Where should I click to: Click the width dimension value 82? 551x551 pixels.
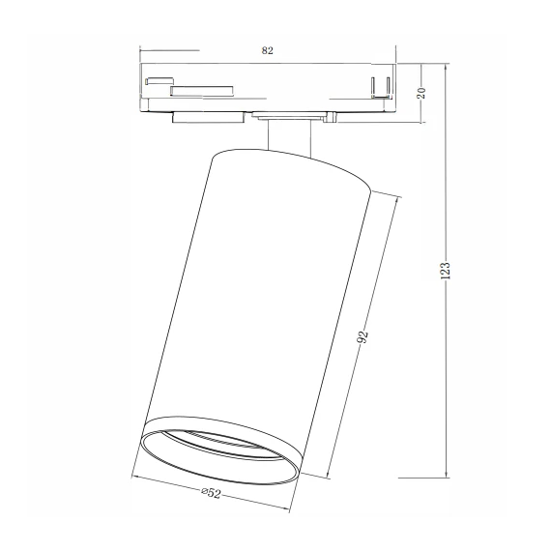(x=267, y=49)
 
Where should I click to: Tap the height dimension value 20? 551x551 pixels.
(x=420, y=93)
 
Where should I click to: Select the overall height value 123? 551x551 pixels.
(x=445, y=272)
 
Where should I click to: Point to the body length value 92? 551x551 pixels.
(x=363, y=337)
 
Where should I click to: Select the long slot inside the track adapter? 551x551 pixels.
(x=201, y=91)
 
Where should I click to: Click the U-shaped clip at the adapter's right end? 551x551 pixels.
(x=380, y=85)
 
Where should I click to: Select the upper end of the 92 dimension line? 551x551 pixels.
(x=398, y=196)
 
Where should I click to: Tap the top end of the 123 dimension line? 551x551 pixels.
(x=446, y=65)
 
